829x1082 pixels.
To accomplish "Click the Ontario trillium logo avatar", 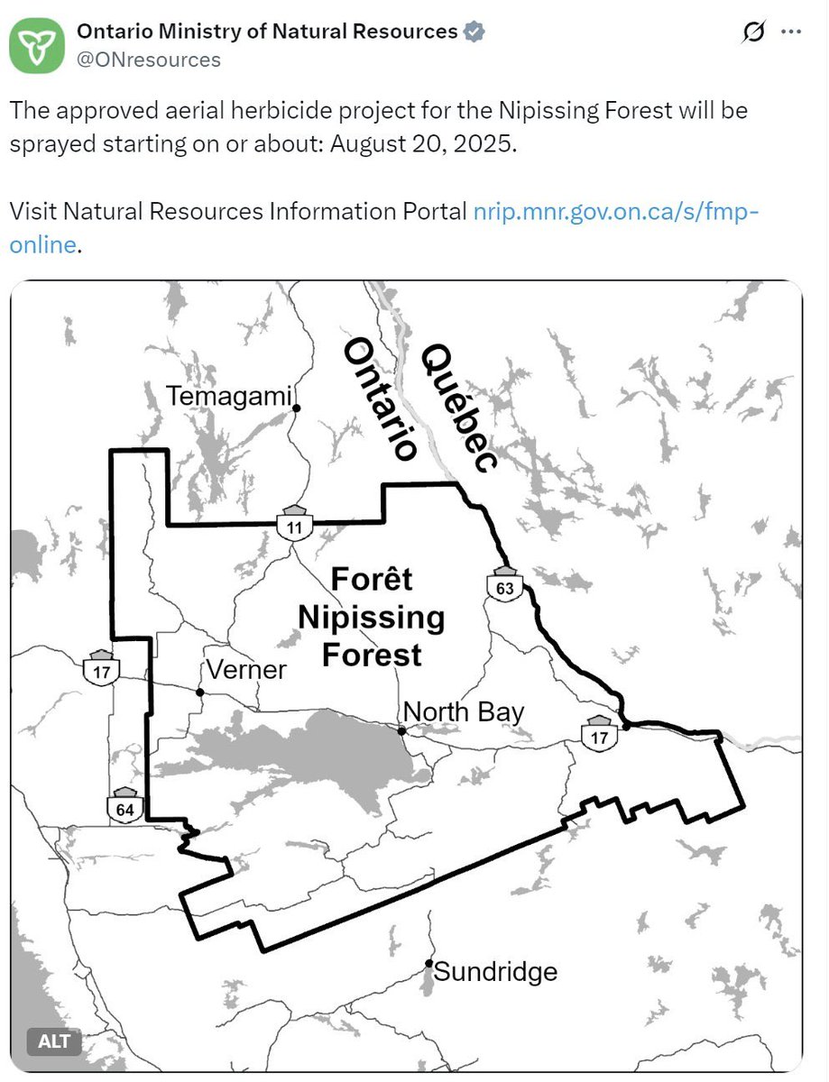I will pos(37,44).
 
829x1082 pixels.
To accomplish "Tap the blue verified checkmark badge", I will pos(474,32).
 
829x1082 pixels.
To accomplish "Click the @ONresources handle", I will pos(149,60).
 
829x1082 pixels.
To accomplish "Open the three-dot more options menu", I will pos(790,32).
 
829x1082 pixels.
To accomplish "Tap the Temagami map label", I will pos(230,396).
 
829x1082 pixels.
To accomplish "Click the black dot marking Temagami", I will pos(296,408).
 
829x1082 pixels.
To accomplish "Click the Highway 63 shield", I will pos(504,583).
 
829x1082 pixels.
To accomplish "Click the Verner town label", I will pos(245,670).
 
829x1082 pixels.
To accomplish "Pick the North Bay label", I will pos(463,711).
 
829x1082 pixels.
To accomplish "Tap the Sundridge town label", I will pos(495,972).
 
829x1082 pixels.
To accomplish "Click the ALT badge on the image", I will pos(54,1042).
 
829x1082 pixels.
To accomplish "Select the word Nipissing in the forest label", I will pos(371,618).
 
